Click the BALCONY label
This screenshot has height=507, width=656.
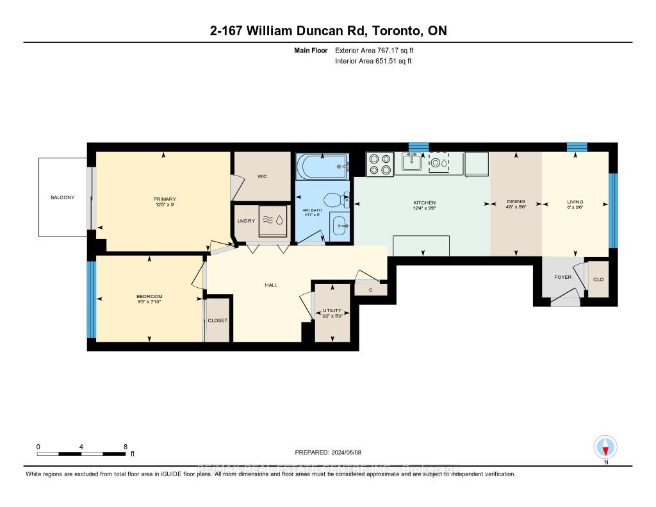(x=62, y=197)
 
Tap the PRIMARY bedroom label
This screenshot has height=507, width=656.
(x=165, y=199)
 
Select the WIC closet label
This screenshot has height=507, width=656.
(x=261, y=176)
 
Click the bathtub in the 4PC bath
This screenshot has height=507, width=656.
(x=322, y=168)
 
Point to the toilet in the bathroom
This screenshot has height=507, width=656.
(x=334, y=200)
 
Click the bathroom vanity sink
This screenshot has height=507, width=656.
(x=339, y=226)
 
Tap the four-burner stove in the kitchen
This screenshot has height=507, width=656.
(x=379, y=164)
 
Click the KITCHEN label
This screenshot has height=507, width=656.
(x=424, y=203)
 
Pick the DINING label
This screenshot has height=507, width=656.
(x=516, y=202)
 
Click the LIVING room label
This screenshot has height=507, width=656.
(x=575, y=202)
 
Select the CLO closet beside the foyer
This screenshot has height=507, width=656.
(x=598, y=279)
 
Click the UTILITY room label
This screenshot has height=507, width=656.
(x=332, y=310)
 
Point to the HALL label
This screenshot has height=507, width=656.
(x=271, y=285)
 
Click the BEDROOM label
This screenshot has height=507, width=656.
(x=149, y=296)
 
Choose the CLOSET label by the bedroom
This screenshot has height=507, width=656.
(x=218, y=320)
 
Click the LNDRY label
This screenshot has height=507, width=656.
(x=247, y=221)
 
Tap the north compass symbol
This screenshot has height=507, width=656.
(x=605, y=446)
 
